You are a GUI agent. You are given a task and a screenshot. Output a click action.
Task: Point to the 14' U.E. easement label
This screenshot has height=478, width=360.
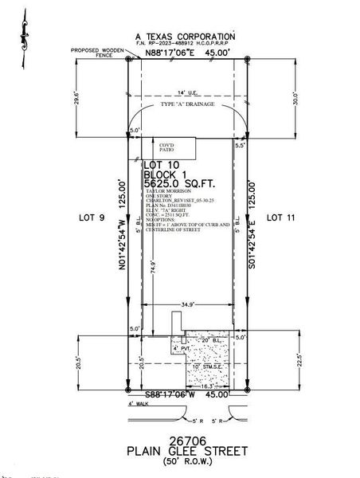186,93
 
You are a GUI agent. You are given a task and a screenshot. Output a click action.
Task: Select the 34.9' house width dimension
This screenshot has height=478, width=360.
187,304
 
